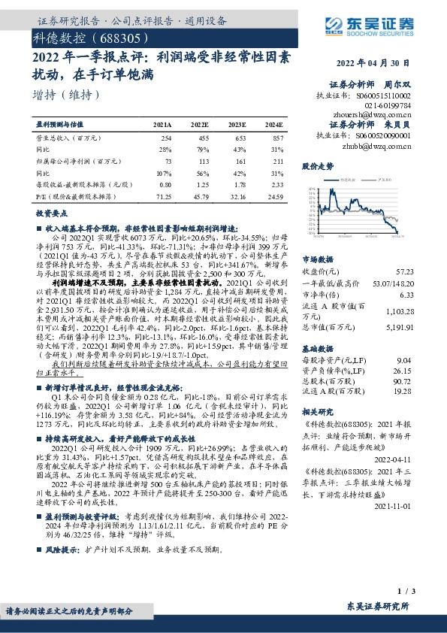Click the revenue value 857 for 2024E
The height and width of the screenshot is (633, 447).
[277, 139]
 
